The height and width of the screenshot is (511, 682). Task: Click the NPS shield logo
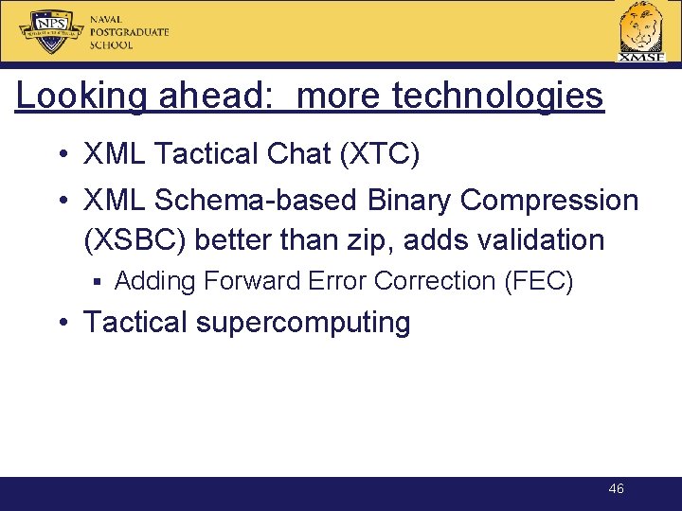tap(52, 31)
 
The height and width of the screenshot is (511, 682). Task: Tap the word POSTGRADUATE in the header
tap(130, 31)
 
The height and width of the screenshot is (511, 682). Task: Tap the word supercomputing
tap(303, 323)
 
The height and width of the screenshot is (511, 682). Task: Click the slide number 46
tap(616, 489)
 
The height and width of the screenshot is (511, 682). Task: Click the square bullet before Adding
tap(98, 281)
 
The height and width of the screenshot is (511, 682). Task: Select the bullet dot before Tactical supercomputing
tap(63, 323)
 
